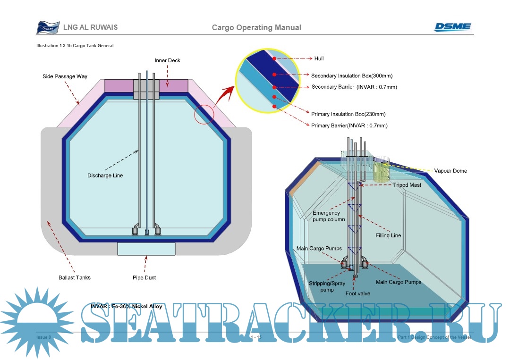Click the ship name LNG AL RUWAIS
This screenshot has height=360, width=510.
click(90, 27)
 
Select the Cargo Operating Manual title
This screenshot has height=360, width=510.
click(256, 27)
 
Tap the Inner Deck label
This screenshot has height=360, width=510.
click(167, 60)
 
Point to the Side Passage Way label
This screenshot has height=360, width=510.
click(64, 76)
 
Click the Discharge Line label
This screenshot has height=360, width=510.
click(105, 176)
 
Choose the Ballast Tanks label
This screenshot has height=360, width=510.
click(75, 277)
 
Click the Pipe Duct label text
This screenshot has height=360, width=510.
click(144, 277)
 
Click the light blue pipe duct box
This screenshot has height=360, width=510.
click(146, 249)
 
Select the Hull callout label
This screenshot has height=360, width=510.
click(319, 59)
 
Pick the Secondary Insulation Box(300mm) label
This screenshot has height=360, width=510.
click(352, 75)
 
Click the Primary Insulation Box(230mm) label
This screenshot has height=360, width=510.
click(348, 114)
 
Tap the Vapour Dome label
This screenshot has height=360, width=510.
click(450, 171)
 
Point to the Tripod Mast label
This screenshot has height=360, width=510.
click(407, 185)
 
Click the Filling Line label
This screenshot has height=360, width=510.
click(388, 235)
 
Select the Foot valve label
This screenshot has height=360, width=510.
click(357, 293)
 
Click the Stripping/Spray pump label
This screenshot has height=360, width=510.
click(327, 286)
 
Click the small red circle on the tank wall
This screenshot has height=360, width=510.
click(204, 115)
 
